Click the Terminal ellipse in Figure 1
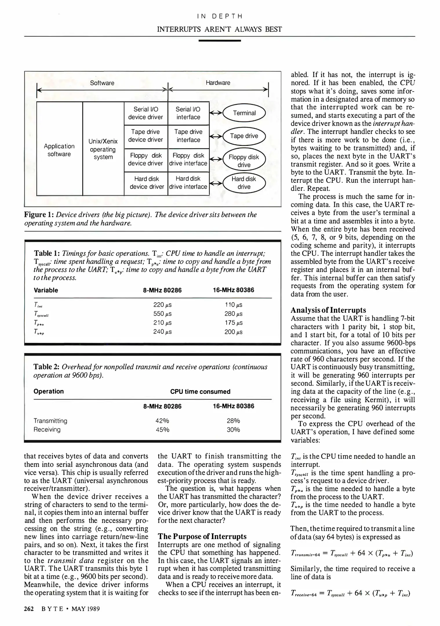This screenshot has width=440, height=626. tap(244, 113)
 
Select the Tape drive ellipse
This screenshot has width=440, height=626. tap(244, 136)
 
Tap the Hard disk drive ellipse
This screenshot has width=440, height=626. tap(244, 183)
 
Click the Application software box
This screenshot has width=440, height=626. tap(59, 150)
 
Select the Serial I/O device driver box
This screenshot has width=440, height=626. tap(146, 113)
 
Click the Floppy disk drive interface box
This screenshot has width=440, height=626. tap(188, 159)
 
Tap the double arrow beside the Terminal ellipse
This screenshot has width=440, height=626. tap(216, 113)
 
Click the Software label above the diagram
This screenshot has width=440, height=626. tap(102, 83)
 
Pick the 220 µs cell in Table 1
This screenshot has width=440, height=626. tap(162, 305)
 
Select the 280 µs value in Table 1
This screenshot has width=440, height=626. tap(233, 314)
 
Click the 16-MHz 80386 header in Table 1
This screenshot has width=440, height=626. tap(233, 290)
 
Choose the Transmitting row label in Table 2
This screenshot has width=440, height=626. tap(50, 421)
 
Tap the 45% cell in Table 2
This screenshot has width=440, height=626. tap(162, 430)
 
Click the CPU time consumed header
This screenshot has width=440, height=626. tap(200, 392)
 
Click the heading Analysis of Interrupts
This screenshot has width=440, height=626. tap(328, 310)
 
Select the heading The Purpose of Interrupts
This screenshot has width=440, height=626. tap(202, 536)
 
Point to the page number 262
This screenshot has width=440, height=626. tap(29, 609)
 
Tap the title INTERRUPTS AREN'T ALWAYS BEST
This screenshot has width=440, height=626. tap(219, 29)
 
